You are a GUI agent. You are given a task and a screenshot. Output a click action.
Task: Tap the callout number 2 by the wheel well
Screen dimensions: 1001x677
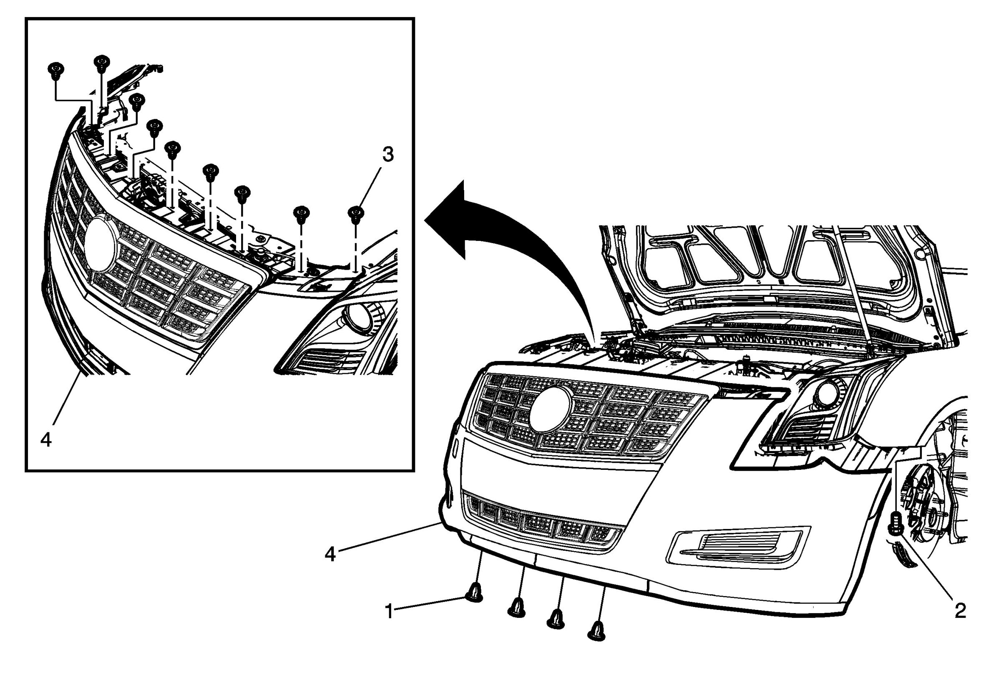click(960, 611)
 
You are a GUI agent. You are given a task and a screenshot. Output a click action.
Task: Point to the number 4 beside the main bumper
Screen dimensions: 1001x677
click(330, 554)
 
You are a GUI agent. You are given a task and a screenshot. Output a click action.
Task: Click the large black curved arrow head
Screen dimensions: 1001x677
click(448, 220)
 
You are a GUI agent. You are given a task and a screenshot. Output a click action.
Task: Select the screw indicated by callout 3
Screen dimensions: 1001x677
click(356, 214)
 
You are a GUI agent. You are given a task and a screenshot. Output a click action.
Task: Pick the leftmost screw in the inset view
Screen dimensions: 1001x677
click(55, 70)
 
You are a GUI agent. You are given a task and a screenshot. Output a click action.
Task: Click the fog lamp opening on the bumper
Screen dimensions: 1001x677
click(738, 546)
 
